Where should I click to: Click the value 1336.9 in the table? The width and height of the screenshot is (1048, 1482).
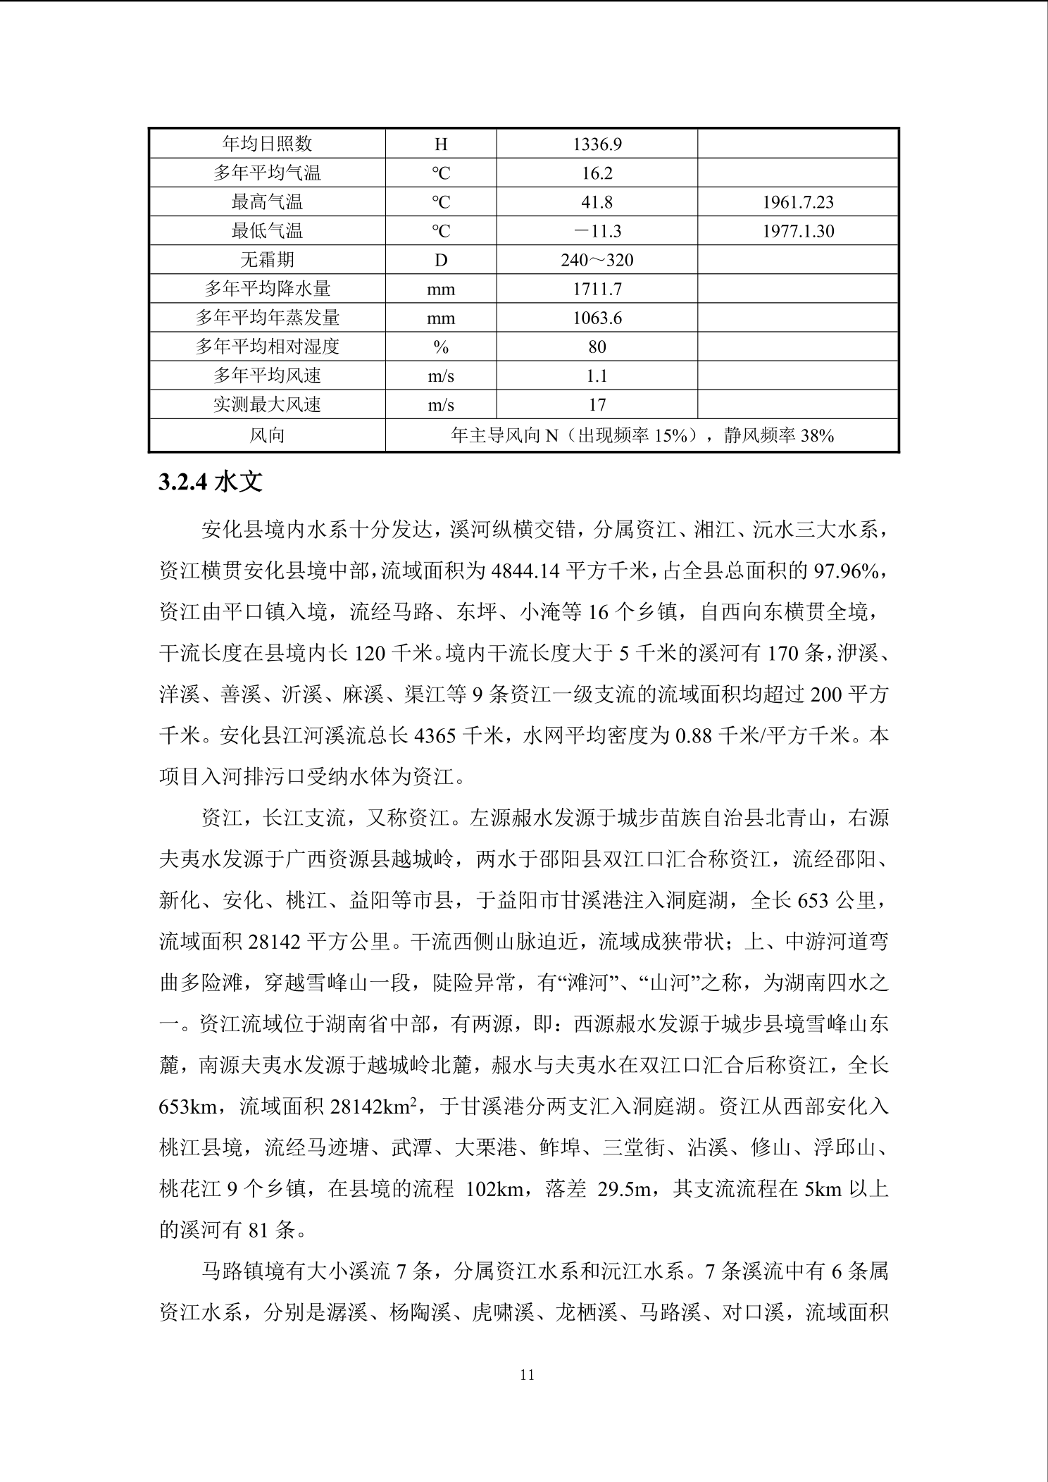click(597, 144)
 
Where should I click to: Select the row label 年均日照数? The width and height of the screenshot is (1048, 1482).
click(267, 144)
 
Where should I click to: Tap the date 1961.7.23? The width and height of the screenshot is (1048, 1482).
click(798, 202)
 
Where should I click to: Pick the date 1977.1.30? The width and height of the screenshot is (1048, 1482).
click(798, 231)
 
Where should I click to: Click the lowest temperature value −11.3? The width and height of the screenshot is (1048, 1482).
click(597, 231)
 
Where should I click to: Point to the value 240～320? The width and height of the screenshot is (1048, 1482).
click(597, 260)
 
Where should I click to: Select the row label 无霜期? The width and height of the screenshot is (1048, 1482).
click(267, 260)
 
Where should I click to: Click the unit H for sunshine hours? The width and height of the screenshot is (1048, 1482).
click(441, 144)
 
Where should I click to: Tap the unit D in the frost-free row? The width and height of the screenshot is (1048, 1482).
click(441, 260)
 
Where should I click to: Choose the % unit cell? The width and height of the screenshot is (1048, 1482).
click(441, 347)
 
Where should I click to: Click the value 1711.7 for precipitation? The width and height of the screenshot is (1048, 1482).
click(597, 289)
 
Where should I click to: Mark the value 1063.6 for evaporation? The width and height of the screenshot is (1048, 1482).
click(597, 318)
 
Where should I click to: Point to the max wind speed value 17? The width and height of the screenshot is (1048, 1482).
click(597, 404)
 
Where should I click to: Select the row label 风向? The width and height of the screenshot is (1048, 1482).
click(267, 435)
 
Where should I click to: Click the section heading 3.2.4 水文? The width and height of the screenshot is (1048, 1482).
click(211, 482)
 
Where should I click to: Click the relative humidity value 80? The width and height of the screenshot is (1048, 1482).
click(597, 347)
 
